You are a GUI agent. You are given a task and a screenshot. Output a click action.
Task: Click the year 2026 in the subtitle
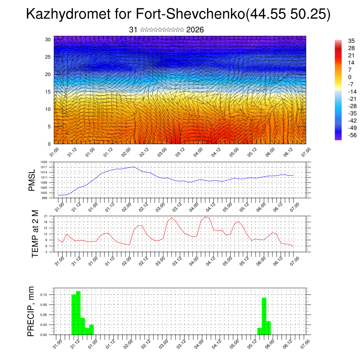point(195,30)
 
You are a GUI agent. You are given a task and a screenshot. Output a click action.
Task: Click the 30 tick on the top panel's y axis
point(48,39)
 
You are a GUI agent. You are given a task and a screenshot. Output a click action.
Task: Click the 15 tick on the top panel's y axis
point(48,91)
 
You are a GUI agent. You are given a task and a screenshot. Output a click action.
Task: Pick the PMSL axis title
point(32,180)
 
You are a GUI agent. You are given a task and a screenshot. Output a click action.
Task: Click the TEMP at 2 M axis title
point(35,233)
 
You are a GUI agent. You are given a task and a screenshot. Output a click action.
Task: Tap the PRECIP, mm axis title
point(31,311)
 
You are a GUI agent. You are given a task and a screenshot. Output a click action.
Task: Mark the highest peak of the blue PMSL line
point(134,167)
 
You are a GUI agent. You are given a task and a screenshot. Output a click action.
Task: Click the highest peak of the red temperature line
point(205,217)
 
